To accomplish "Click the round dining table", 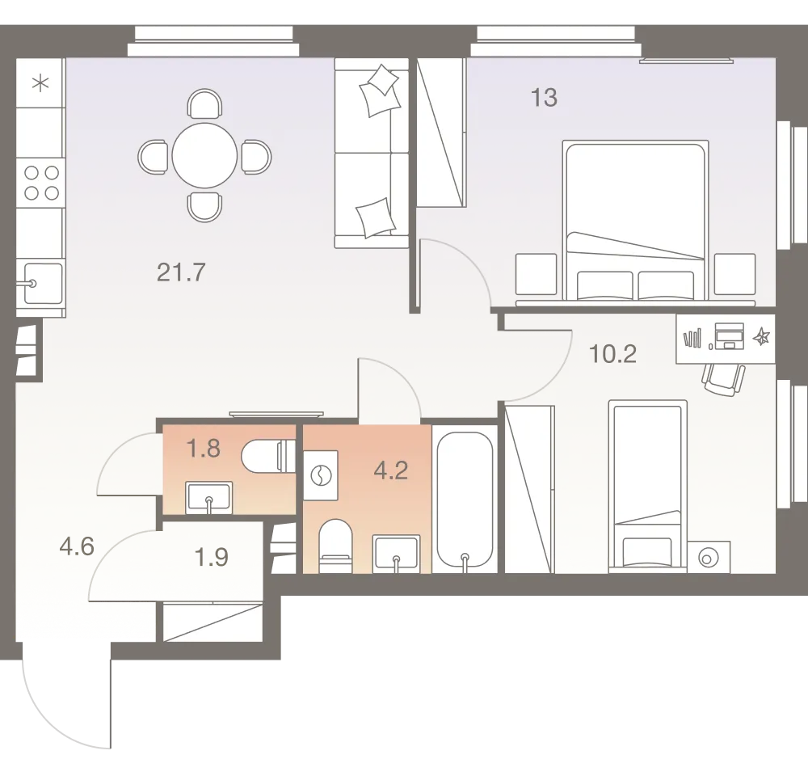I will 204,154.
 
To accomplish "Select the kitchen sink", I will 42,283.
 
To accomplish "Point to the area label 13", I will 544,99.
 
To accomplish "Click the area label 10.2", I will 615,353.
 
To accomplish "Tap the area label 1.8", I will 203,449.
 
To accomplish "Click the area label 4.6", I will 78,547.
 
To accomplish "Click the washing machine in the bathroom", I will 322,475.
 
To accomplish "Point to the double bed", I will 635,220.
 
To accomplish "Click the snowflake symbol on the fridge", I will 40,82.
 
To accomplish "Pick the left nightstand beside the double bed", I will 537,276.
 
